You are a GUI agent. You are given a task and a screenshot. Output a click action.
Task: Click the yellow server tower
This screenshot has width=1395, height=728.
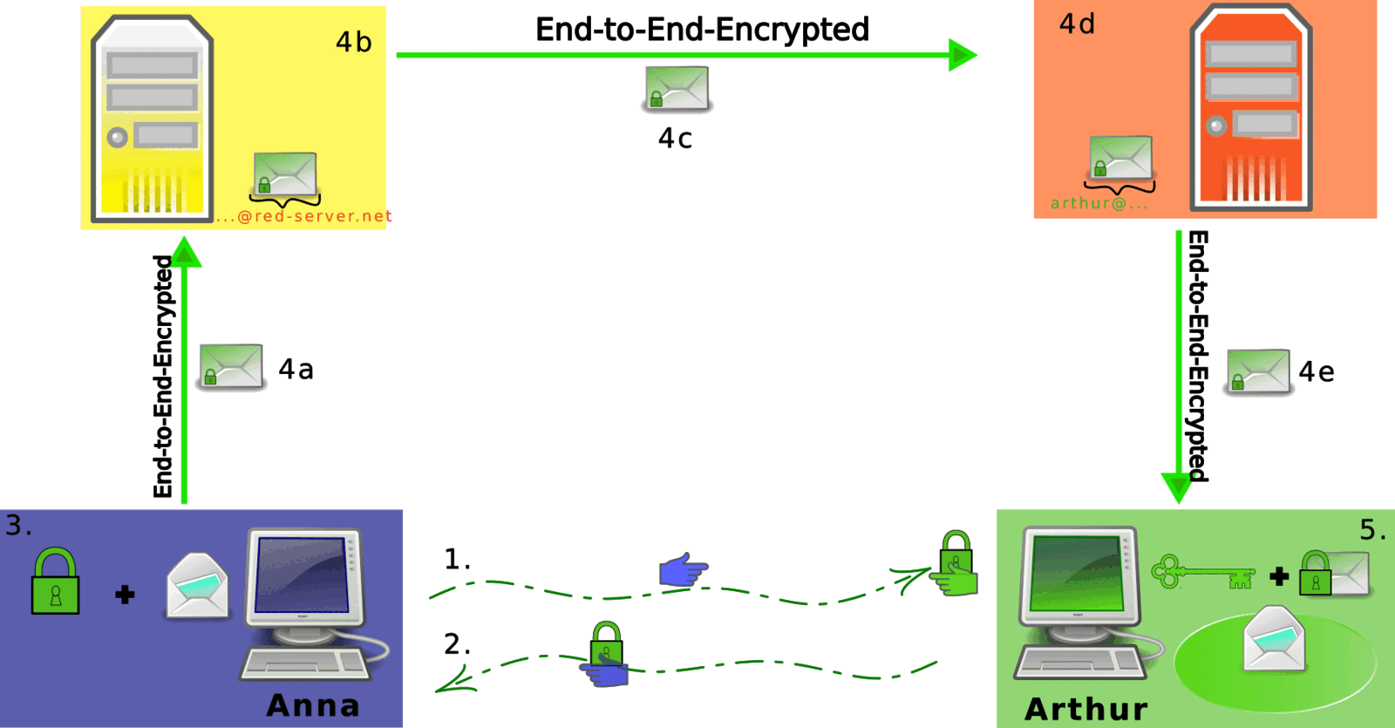tap(153, 119)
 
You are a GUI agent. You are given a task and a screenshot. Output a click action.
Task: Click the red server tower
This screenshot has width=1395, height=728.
tap(1251, 107)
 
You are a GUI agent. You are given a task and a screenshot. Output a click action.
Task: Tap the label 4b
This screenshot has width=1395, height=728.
tap(354, 43)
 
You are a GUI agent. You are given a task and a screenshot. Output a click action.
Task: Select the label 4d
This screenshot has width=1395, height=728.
tap(1077, 24)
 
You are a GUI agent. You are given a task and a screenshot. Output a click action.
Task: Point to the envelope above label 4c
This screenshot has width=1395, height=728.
tap(677, 88)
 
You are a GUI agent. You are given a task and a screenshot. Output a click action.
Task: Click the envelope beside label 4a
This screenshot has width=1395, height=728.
tap(231, 366)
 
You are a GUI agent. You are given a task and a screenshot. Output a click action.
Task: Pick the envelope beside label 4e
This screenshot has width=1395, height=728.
tap(1258, 371)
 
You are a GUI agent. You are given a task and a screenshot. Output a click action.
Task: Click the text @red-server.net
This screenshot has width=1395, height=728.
tap(315, 216)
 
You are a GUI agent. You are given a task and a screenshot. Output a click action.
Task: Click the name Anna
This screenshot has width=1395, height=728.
tap(313, 705)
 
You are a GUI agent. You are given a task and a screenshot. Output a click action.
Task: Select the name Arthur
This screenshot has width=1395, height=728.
tap(1086, 709)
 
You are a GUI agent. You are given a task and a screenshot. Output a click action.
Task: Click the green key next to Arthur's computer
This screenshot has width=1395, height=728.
tap(1203, 572)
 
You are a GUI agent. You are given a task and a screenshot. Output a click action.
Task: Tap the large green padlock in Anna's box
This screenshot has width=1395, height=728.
tap(56, 581)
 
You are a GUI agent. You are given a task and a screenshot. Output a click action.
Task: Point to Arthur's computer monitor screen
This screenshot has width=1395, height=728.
tap(1079, 573)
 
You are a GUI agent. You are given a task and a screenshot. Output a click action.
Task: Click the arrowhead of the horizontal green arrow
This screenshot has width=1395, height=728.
tap(963, 55)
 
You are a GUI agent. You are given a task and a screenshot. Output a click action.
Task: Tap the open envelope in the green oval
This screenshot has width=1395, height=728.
tap(1274, 640)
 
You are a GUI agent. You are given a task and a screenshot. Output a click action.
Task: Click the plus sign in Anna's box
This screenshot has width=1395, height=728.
tap(126, 595)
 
